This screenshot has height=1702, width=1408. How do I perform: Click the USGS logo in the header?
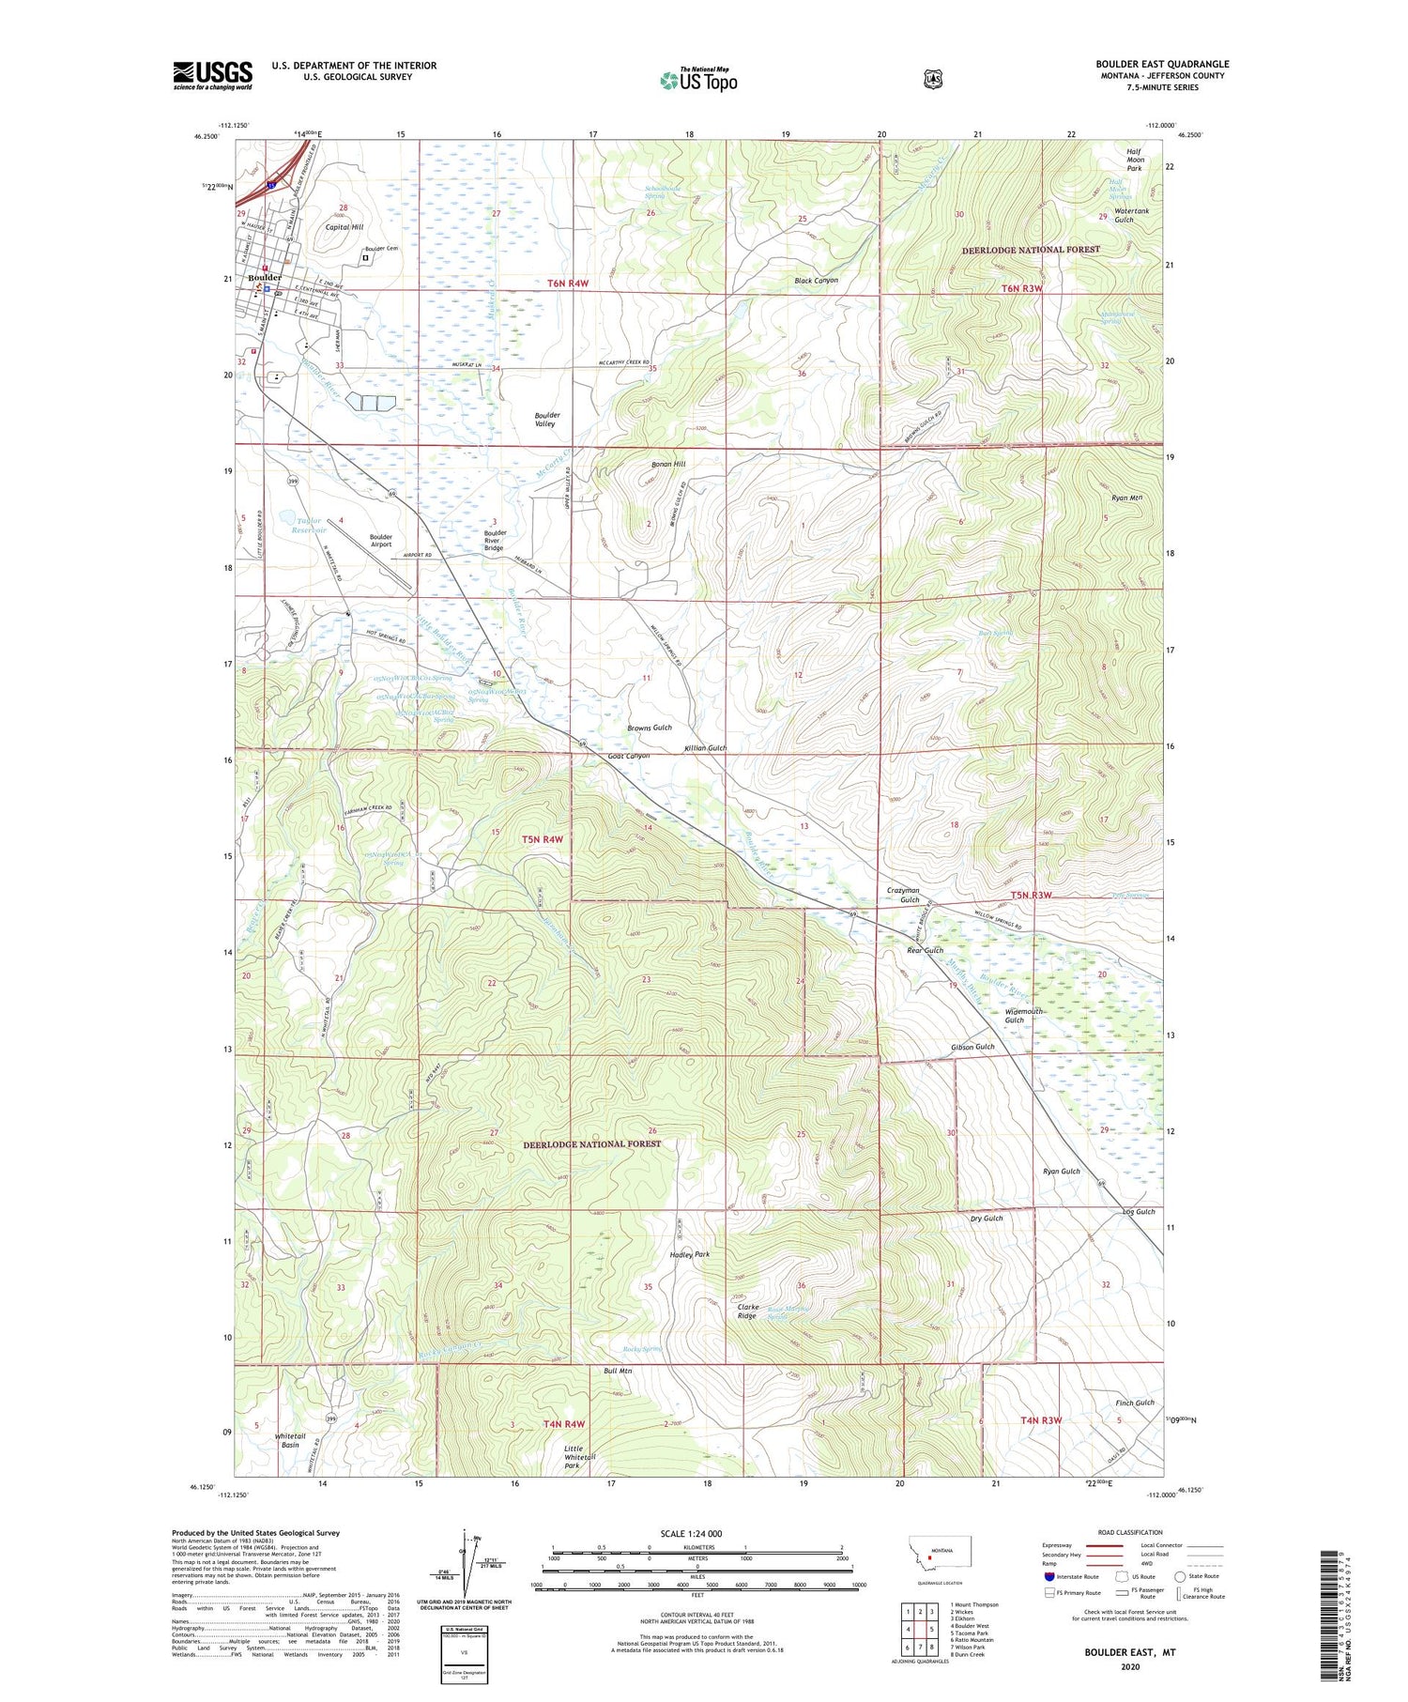click(212, 75)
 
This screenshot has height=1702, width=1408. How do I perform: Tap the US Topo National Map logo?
click(699, 80)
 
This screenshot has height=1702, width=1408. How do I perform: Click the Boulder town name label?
click(265, 278)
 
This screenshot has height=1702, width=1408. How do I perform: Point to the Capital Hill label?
click(344, 227)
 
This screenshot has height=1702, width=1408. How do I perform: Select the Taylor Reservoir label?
click(309, 526)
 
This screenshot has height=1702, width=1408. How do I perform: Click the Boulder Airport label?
click(381, 541)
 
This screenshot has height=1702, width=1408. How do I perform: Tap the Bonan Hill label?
click(668, 464)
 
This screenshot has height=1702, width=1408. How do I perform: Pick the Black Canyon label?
click(816, 281)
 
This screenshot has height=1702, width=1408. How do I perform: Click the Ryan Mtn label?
click(1125, 498)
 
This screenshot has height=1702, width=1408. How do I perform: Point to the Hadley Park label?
click(690, 1254)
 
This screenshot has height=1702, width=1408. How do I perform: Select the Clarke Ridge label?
click(747, 1311)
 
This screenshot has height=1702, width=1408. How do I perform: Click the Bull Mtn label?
click(618, 1371)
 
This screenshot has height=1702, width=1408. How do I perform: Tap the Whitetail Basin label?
click(290, 1440)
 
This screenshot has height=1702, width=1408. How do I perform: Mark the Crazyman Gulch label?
click(903, 895)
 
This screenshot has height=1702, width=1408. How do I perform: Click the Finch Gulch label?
click(1135, 1403)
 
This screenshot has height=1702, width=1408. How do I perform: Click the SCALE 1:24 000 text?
click(691, 1534)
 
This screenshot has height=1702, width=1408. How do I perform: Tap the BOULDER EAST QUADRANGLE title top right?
click(1162, 64)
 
